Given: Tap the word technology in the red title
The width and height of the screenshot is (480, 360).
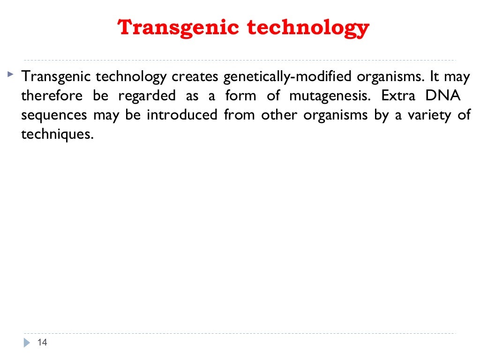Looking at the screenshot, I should tap(308, 28).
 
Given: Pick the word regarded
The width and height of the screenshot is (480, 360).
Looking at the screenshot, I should tap(147, 96).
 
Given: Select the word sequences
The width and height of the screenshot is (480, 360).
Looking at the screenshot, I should tap(54, 115).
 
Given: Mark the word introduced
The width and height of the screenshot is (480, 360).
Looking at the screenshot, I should tap(182, 115).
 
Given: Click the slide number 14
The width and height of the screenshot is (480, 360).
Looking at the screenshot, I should tap(42, 343).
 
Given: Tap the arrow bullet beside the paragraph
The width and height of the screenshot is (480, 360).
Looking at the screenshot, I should tap(10, 74).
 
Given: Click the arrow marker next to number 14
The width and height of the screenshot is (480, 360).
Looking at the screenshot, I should tap(27, 343).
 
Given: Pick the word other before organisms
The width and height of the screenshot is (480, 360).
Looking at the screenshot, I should tap(278, 115).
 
